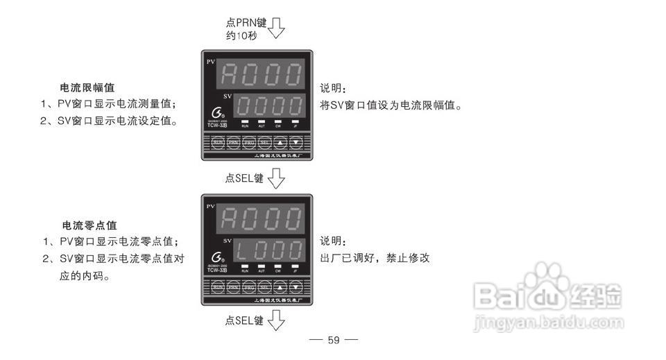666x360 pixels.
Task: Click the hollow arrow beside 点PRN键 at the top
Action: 276,29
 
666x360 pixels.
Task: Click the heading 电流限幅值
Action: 87,88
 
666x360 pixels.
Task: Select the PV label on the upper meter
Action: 211,62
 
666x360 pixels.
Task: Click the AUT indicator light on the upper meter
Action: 262,121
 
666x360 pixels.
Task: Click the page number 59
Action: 334,340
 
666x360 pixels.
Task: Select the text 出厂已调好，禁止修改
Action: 375,257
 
